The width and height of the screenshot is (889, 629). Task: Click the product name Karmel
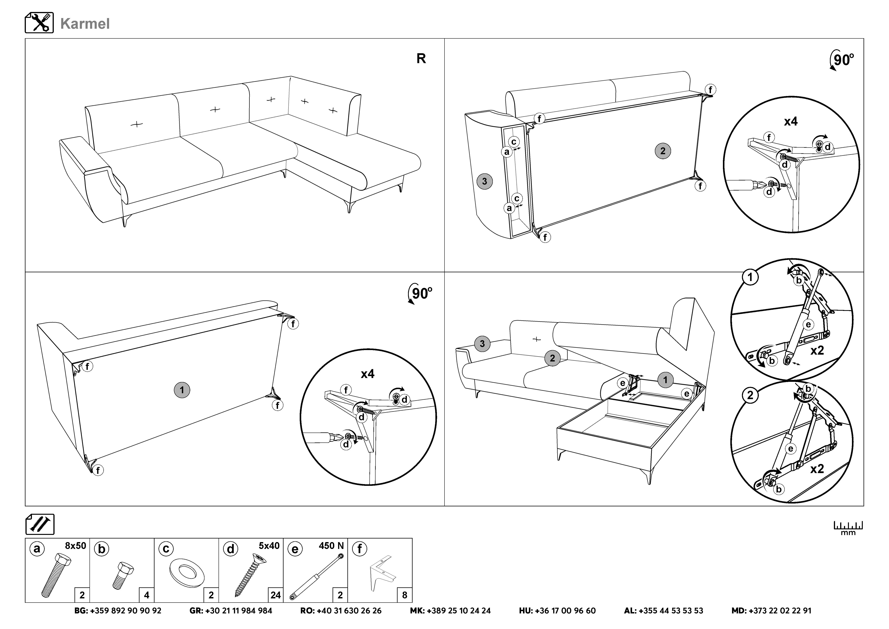85,24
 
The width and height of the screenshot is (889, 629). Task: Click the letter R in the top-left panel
421,59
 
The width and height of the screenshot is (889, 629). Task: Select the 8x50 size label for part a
75,546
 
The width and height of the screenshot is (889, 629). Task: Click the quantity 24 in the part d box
275,595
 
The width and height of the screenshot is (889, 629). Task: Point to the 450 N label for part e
331,546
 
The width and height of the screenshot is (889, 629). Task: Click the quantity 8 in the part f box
405,595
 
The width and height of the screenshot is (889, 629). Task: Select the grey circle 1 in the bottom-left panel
182,390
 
